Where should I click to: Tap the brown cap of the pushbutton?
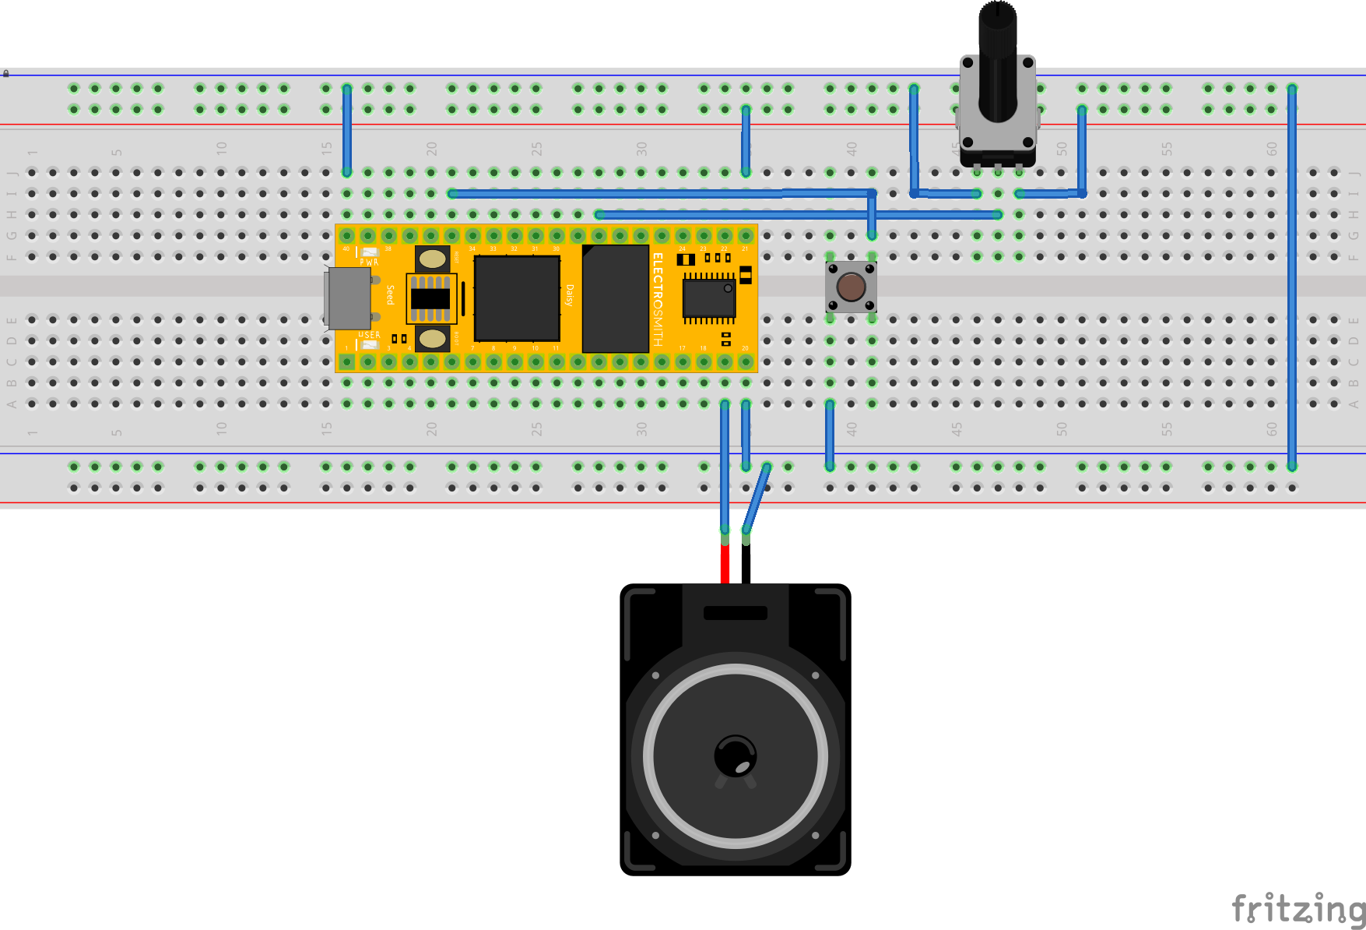point(851,287)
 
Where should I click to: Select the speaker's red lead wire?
point(725,562)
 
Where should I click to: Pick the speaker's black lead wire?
point(746,562)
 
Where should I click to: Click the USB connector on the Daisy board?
point(347,298)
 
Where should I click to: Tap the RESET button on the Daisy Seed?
point(432,258)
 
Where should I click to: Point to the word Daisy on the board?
point(569,295)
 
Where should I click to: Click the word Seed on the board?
point(390,294)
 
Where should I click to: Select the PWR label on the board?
point(369,262)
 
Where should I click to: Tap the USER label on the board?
point(369,335)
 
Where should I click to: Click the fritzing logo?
point(1298,908)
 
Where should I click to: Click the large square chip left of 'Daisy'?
point(517,298)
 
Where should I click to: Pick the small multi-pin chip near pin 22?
point(708,298)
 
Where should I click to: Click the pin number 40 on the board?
point(346,249)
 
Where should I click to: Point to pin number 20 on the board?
point(745,348)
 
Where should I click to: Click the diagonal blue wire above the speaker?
point(757,498)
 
